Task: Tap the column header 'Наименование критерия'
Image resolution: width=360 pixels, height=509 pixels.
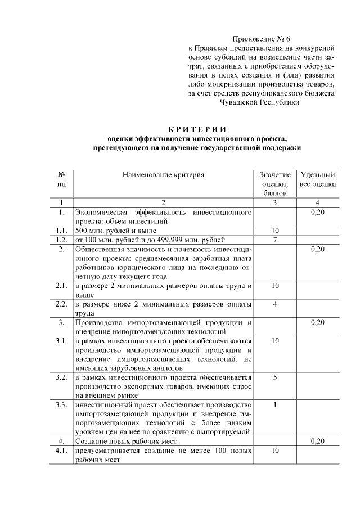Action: [163, 175]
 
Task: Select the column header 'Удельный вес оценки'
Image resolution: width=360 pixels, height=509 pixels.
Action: [318, 179]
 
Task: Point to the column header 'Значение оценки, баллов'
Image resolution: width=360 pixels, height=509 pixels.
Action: [276, 183]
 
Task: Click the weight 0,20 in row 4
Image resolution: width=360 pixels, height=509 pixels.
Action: [318, 442]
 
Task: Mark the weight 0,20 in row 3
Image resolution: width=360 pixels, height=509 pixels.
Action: [318, 322]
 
